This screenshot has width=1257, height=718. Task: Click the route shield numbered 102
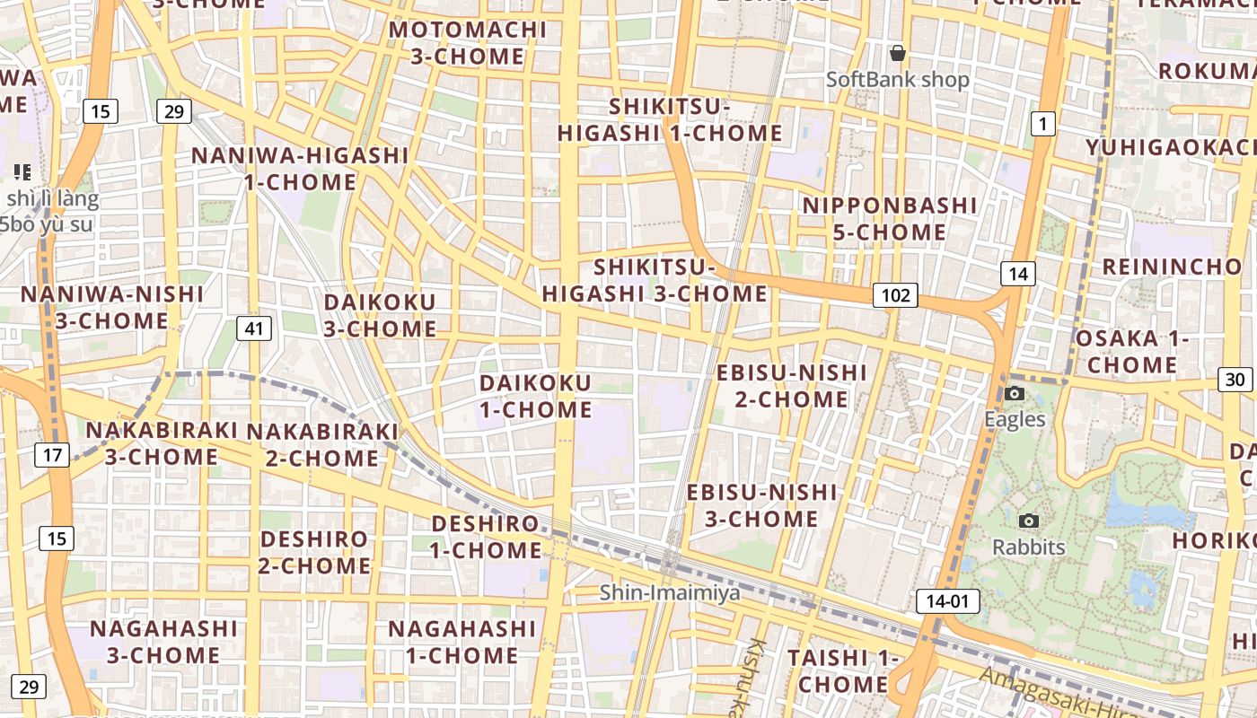(895, 295)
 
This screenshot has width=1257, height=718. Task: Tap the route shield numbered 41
(254, 328)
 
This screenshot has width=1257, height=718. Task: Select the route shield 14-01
(948, 600)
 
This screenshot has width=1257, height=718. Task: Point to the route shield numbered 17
(52, 455)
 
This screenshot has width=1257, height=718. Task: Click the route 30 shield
(1235, 380)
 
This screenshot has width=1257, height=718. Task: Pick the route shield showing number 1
(1042, 124)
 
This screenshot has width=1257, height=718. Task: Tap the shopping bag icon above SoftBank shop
(897, 54)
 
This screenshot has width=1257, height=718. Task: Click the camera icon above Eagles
(1015, 394)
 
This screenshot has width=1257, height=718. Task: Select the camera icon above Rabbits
(1029, 521)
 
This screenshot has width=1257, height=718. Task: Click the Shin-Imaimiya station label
(670, 592)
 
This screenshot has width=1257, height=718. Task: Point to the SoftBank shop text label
(898, 80)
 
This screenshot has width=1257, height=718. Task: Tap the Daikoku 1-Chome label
(535, 397)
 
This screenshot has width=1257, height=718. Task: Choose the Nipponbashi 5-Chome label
(889, 219)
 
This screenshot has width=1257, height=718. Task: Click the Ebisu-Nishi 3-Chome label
(761, 505)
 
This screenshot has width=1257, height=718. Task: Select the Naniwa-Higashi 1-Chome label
(300, 169)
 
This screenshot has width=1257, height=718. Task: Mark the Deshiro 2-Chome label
(314, 552)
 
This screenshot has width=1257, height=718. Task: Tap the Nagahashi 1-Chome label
(461, 642)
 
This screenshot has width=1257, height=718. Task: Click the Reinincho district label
(1171, 267)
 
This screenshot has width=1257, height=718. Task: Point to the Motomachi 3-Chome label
(467, 43)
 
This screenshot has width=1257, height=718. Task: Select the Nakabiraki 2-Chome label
(322, 445)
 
